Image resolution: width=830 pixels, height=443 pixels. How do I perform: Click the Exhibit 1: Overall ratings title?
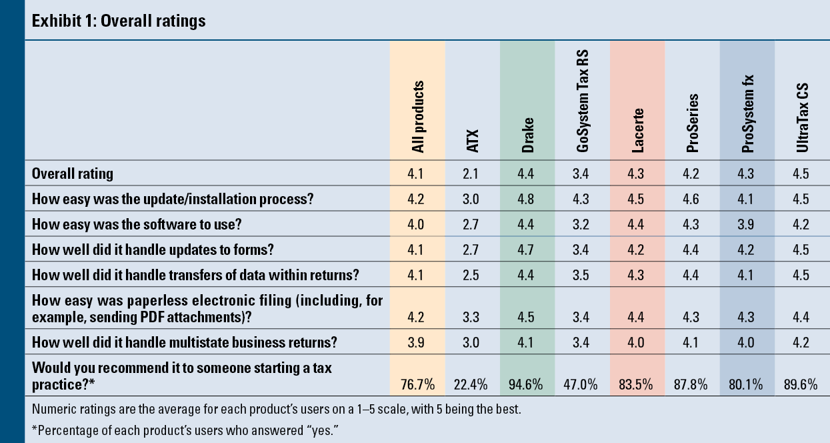coord(119,21)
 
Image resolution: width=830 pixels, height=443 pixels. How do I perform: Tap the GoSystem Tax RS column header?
coord(583,101)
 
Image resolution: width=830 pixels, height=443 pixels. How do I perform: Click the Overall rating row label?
coord(73,174)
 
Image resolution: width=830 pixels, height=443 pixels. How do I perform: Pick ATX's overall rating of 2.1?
coord(473,174)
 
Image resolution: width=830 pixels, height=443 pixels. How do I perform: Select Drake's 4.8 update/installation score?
coord(527,198)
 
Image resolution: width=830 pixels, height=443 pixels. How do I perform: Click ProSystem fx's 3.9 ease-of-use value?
coord(747,224)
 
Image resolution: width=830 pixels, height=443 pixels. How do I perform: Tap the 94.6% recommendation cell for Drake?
coord(527,384)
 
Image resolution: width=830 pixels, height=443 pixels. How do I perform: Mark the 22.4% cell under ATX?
coord(473,384)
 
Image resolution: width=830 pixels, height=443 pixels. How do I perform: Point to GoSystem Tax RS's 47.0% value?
coord(582,384)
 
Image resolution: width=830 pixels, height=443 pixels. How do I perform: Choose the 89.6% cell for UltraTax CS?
coord(802,384)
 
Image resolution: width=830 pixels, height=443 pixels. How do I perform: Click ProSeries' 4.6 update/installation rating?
coord(692,198)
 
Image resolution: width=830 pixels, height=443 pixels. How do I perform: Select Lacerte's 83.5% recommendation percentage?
coord(637,384)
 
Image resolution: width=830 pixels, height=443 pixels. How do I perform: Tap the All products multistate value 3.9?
coord(418,344)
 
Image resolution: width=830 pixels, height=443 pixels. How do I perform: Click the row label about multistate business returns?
coord(185,344)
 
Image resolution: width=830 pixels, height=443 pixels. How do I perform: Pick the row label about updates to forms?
coord(153,250)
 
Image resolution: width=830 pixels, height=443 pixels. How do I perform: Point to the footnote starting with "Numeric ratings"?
coord(276,409)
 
